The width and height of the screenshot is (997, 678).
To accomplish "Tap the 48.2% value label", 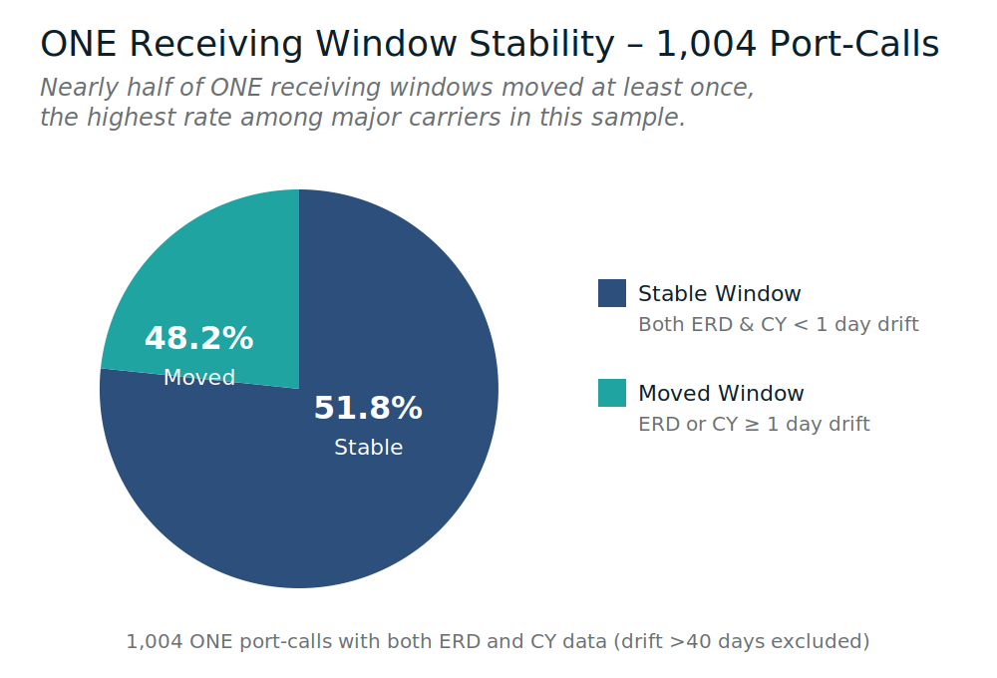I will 199,339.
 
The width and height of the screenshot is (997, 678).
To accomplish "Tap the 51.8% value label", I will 368,409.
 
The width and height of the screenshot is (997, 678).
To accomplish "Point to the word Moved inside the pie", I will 199,378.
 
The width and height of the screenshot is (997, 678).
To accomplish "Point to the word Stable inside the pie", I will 368,448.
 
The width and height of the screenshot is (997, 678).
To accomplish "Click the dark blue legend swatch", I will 612,293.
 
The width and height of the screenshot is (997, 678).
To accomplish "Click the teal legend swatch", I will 612,393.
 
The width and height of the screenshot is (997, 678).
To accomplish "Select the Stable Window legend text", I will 719,294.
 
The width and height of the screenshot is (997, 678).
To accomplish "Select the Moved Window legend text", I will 721,394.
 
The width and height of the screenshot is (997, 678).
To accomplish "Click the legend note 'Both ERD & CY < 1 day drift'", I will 778,325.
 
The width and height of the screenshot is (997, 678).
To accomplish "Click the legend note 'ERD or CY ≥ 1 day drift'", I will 754,425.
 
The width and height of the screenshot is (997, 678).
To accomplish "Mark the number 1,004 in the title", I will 702,45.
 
